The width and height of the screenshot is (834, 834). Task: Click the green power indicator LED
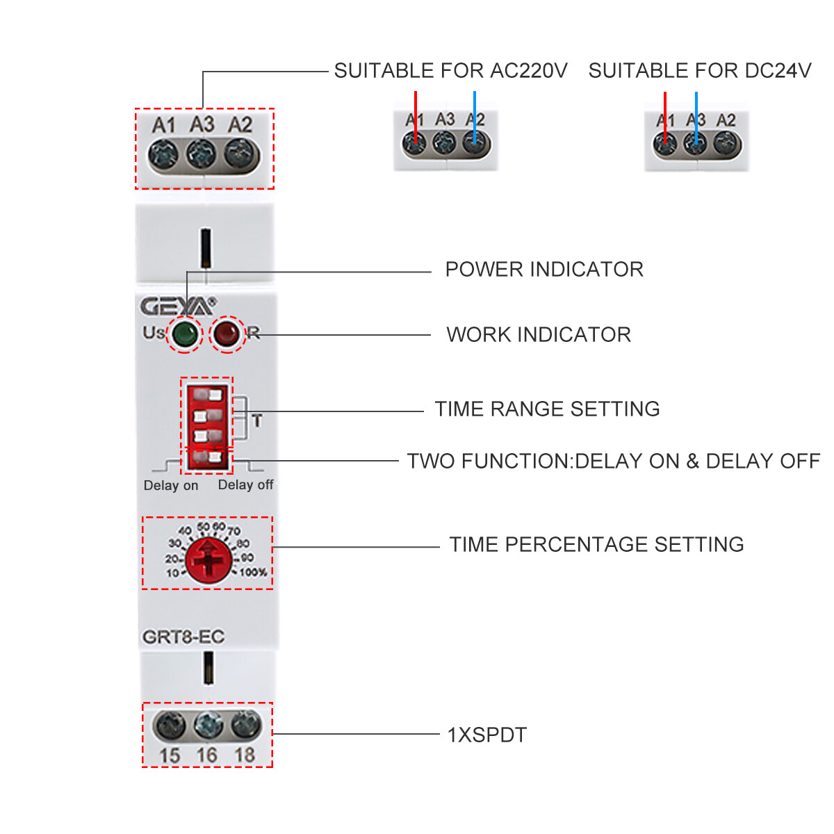[185, 334]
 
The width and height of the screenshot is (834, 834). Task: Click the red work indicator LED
[227, 334]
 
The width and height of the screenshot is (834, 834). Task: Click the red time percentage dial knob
[208, 558]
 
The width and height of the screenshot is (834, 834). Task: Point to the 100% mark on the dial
[253, 573]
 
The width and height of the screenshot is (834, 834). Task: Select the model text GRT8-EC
[183, 637]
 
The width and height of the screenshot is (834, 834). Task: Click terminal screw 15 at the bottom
[170, 726]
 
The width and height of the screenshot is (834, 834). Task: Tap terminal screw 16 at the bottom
[208, 726]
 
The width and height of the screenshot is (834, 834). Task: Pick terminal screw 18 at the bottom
[245, 726]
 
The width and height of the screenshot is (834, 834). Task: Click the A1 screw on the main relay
[164, 153]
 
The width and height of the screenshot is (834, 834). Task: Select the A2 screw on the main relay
[240, 153]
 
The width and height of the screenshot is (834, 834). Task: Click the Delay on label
[171, 486]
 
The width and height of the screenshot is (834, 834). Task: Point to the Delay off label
[245, 485]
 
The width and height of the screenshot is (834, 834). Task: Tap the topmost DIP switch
[207, 395]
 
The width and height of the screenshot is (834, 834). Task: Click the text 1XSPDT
[486, 735]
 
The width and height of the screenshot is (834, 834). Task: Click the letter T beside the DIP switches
[257, 420]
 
